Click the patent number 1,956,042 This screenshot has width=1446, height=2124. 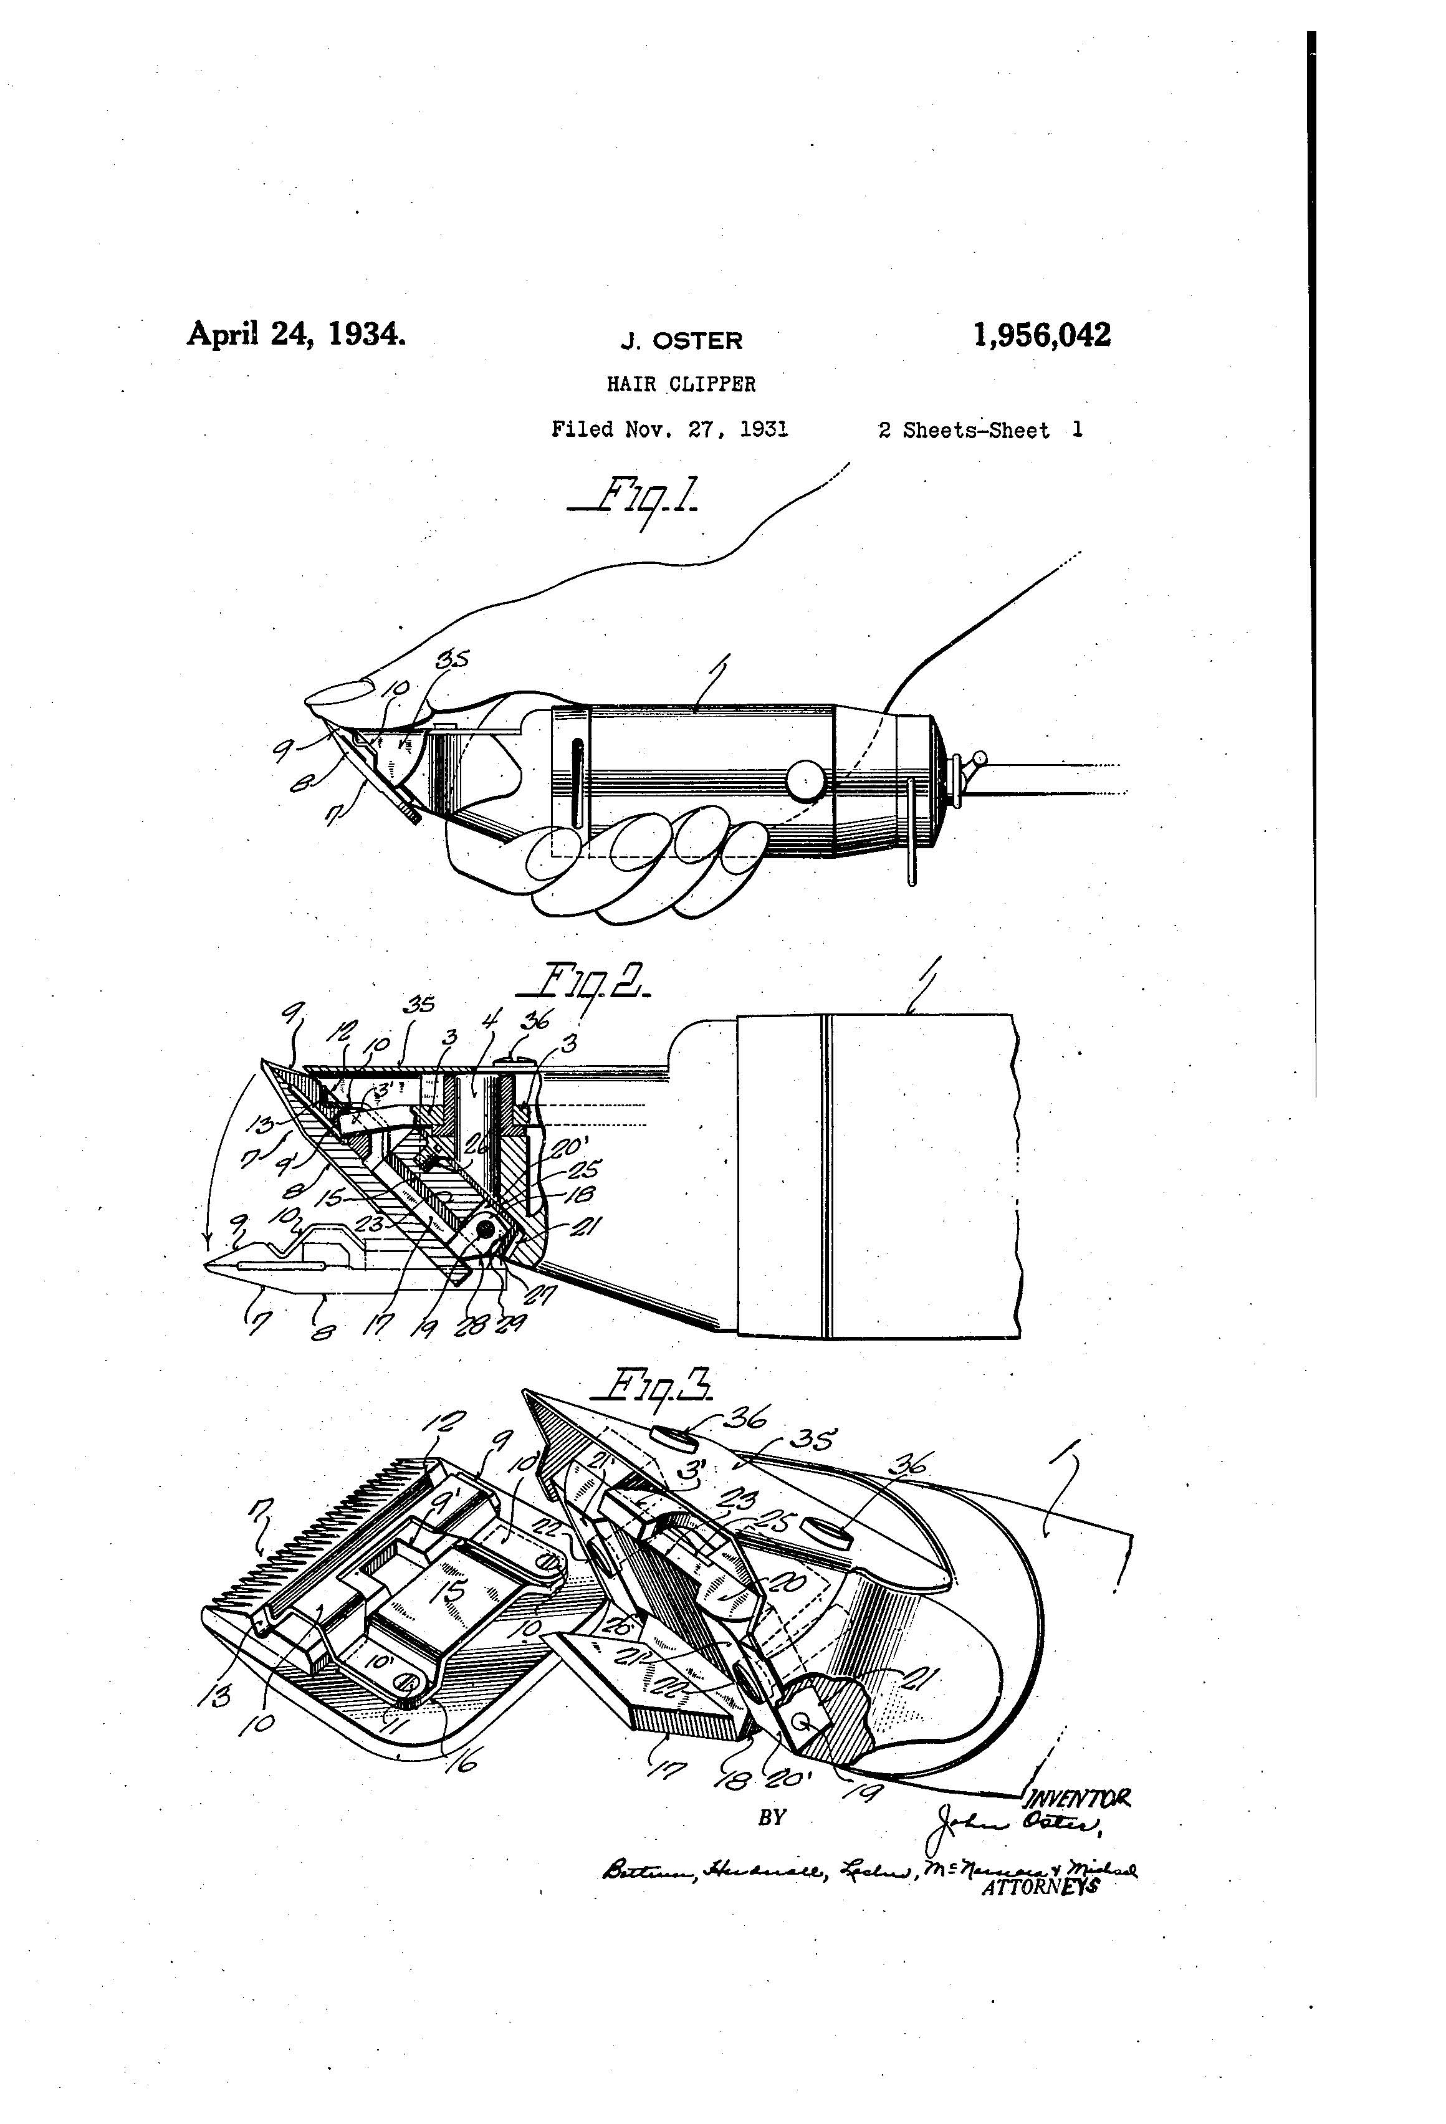tap(1042, 335)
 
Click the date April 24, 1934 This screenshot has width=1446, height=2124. tap(296, 333)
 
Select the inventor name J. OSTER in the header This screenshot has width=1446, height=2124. tap(681, 341)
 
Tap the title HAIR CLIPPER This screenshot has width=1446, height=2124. tap(681, 385)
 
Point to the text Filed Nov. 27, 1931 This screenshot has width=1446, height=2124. tap(669, 429)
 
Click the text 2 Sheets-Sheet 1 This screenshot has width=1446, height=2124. tap(980, 431)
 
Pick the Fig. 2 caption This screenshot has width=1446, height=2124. tap(584, 984)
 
